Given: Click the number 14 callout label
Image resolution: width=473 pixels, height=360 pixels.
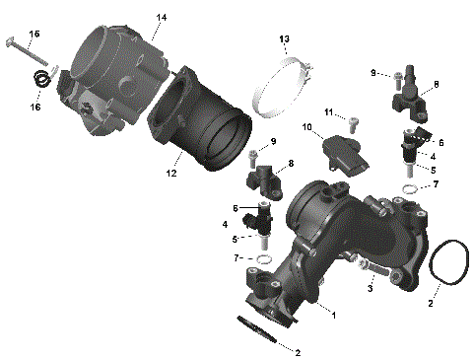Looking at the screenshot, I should coord(161,18).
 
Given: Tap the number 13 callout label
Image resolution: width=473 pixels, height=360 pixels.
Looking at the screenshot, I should coord(284,39).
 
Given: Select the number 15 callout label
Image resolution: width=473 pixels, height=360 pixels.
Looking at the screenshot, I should coord(34,35).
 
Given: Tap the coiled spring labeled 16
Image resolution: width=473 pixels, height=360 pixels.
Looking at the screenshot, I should coord(42,81).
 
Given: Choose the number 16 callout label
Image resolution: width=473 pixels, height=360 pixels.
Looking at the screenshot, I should coord(34,107).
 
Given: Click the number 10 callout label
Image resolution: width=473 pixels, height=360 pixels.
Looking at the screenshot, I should coord(306,128).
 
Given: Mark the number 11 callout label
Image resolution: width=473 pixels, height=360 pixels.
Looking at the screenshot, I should coord(331,111).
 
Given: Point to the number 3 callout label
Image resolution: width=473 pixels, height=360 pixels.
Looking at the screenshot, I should coord(372,287).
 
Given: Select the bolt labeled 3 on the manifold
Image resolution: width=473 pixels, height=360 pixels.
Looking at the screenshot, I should coord(375,268).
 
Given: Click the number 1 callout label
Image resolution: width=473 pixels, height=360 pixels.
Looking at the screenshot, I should coord(333,316).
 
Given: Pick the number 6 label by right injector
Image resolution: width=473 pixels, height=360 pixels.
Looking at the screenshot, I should coord(440,142).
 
